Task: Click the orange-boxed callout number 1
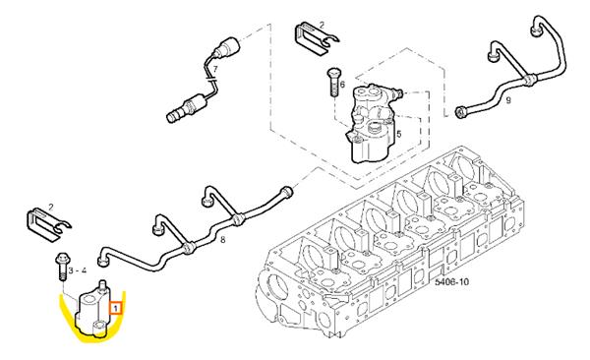[x=116, y=309]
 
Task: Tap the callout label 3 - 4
[x=77, y=270]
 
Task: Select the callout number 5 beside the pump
[x=399, y=134]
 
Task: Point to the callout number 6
[x=342, y=85]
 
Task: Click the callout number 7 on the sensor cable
[x=215, y=69]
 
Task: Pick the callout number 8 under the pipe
[x=223, y=239]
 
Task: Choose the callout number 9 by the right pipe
[x=508, y=100]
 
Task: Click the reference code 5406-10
[x=451, y=281]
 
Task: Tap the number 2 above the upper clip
[x=322, y=26]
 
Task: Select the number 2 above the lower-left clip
[x=51, y=207]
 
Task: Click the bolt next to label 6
[x=333, y=82]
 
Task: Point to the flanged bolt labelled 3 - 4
[x=61, y=267]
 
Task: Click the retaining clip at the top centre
[x=315, y=40]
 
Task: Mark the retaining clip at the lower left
[x=46, y=225]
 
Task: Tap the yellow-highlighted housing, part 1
[x=93, y=309]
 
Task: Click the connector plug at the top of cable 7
[x=228, y=46]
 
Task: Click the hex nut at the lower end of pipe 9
[x=460, y=112]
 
